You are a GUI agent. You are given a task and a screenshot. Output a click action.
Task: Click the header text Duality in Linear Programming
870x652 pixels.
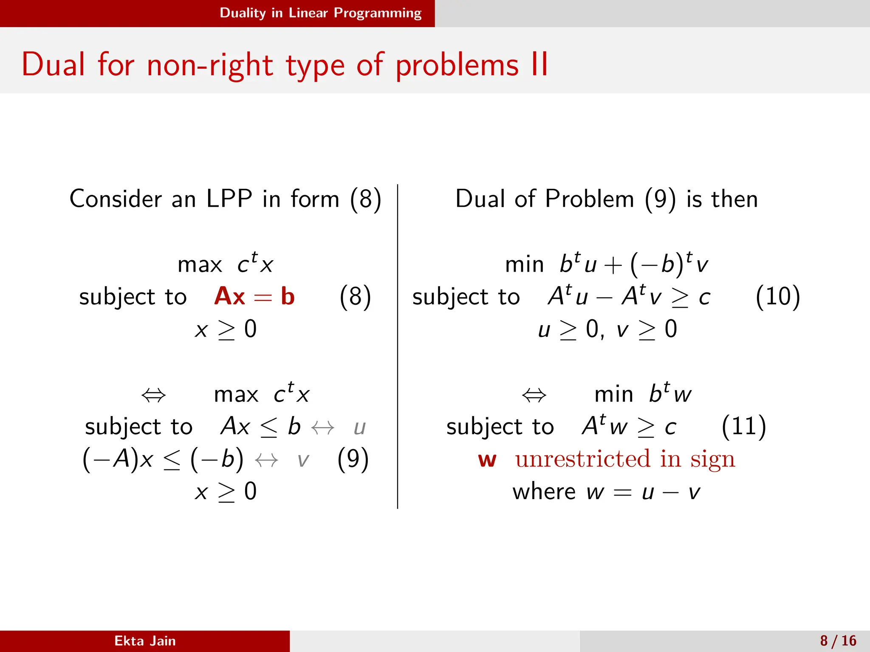click(x=320, y=13)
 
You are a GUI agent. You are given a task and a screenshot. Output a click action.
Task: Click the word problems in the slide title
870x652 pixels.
click(x=457, y=66)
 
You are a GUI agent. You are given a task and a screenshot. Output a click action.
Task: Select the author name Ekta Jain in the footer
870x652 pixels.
click(x=145, y=641)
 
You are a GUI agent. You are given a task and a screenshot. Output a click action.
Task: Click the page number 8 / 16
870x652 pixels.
click(x=838, y=641)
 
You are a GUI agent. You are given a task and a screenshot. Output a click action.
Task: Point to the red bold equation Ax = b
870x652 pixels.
click(x=254, y=296)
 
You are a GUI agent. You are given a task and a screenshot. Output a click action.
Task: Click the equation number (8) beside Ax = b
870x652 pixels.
click(x=355, y=296)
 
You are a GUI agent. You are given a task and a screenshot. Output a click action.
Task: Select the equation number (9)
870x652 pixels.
click(x=353, y=459)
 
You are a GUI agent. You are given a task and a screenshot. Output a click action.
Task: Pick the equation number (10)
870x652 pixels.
click(x=777, y=296)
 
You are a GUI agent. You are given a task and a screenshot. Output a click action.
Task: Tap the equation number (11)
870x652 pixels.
click(x=743, y=426)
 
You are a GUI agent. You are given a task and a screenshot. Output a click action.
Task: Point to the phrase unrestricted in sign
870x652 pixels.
click(x=625, y=459)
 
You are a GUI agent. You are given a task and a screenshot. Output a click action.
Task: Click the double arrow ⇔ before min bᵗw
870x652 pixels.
click(x=534, y=396)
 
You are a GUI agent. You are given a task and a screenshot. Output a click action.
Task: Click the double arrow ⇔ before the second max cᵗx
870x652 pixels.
click(x=153, y=396)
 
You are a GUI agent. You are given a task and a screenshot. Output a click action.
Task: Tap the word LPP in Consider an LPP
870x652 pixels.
click(x=229, y=199)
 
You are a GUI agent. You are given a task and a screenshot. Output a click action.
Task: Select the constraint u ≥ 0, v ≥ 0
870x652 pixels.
click(x=607, y=329)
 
